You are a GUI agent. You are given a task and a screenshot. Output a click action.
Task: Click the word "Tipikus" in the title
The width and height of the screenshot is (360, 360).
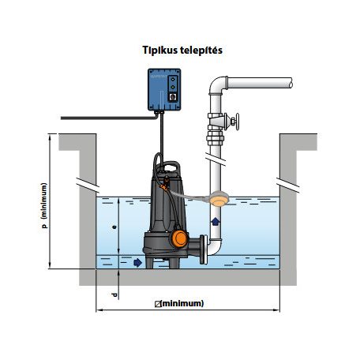160,50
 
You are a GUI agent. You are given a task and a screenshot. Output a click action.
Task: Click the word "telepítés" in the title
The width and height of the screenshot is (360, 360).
201,50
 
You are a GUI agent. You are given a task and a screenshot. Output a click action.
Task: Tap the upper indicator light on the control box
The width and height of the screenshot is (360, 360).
173,79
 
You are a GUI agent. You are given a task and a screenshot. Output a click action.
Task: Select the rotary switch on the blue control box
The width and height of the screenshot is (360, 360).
173,97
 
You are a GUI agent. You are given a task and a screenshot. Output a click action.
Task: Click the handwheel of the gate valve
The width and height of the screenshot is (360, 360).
237,122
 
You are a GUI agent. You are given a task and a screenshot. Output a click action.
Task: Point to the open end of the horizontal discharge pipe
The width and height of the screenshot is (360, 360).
291,83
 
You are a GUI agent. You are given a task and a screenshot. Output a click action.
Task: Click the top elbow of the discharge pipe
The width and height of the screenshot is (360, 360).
218,84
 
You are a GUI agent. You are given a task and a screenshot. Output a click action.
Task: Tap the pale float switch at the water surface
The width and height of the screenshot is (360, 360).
219,199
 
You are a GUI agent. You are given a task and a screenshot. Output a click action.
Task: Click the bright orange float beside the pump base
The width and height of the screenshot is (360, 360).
179,238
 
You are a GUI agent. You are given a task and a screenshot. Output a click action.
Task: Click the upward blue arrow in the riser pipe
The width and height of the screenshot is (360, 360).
216,222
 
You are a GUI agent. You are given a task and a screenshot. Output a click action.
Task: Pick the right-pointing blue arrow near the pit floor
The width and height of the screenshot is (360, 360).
138,262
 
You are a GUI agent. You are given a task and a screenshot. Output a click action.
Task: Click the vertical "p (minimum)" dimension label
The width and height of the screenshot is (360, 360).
45,205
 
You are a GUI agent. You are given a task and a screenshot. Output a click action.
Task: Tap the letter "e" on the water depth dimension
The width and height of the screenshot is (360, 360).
114,227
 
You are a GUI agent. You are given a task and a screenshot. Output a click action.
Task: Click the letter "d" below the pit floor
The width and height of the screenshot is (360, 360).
114,295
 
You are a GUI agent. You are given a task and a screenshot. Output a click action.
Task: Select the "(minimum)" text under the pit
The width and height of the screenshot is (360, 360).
182,303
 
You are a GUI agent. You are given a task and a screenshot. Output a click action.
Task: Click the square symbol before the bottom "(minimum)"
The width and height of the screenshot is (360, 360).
158,304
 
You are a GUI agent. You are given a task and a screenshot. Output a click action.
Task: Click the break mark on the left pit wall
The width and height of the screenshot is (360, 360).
88,185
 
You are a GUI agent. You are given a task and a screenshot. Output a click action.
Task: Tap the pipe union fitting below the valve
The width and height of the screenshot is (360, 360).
216,139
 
